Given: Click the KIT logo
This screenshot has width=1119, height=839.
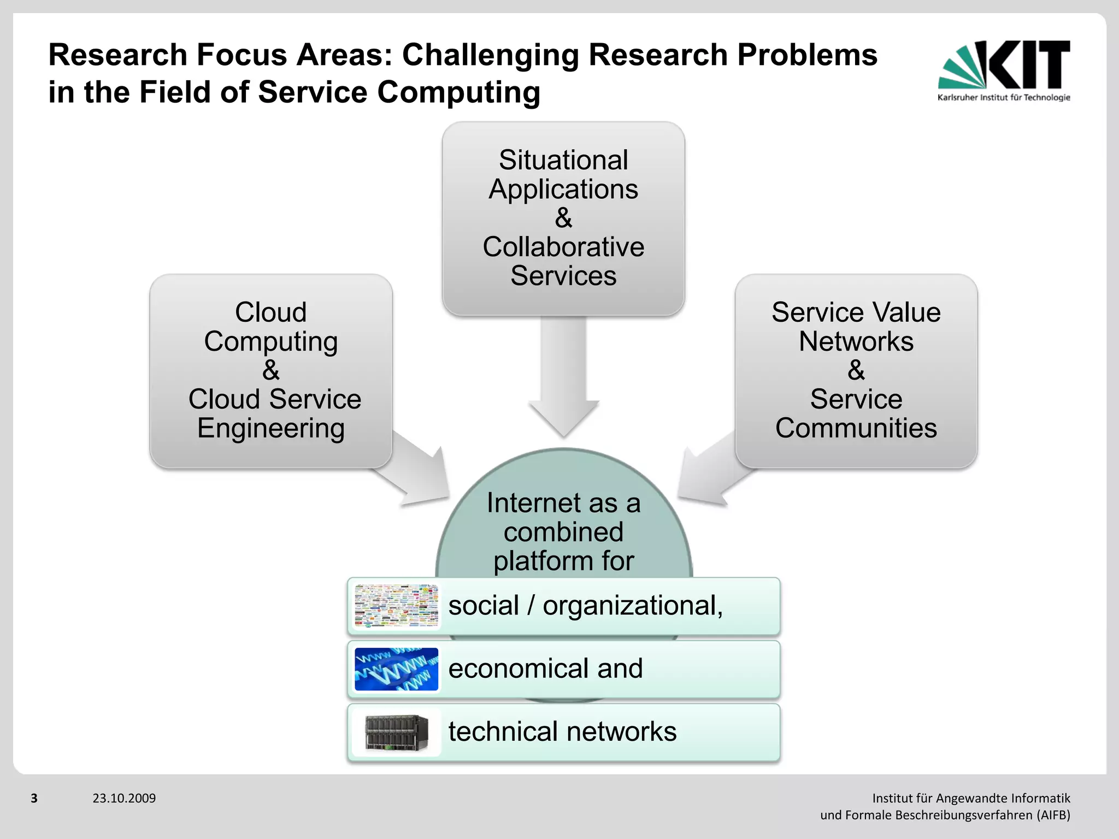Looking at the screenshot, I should [1004, 66].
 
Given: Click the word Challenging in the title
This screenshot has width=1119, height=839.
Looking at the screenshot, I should [490, 55].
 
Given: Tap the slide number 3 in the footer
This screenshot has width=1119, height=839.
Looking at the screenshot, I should [34, 798].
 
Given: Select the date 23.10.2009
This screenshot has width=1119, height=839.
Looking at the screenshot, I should [124, 798].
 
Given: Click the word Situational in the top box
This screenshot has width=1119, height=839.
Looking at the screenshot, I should [563, 160].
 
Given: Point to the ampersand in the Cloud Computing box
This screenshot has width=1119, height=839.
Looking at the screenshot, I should [271, 370].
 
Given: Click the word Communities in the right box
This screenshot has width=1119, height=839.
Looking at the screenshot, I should [856, 428].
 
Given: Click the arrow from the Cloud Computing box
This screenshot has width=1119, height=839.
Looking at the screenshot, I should [418, 470].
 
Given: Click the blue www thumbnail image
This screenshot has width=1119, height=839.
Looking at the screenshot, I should [396, 669].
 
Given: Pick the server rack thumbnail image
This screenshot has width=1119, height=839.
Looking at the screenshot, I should [396, 732].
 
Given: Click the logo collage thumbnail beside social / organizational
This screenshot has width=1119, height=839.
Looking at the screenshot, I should [396, 606].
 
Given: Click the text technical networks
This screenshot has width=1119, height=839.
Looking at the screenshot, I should [562, 731].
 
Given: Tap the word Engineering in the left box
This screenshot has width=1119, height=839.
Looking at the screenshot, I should [271, 428].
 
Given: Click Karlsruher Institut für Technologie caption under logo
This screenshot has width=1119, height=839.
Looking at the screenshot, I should [1004, 98].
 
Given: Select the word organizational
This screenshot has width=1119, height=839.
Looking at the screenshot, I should [633, 606].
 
